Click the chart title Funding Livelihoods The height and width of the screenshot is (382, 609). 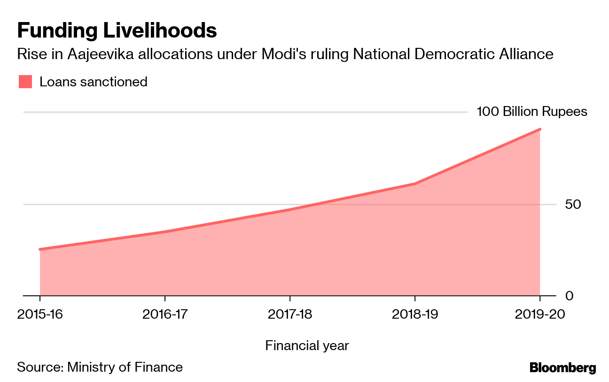[117, 31]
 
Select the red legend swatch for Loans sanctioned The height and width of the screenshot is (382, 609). [25, 82]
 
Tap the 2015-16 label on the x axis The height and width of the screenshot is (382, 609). [40, 314]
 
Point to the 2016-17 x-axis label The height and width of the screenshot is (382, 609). [165, 314]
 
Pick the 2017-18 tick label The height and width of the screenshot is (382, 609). [290, 314]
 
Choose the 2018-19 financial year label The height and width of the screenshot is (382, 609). [415, 314]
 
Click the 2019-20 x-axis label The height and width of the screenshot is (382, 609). [540, 314]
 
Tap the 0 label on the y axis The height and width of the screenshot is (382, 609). [569, 296]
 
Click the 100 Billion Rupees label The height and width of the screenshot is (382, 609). [531, 112]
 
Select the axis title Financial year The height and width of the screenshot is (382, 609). [307, 346]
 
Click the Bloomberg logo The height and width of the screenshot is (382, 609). [562, 367]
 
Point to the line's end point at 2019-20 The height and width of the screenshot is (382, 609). [540, 130]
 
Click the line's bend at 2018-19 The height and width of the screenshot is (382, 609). [415, 183]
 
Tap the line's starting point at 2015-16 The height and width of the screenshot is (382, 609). [40, 249]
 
